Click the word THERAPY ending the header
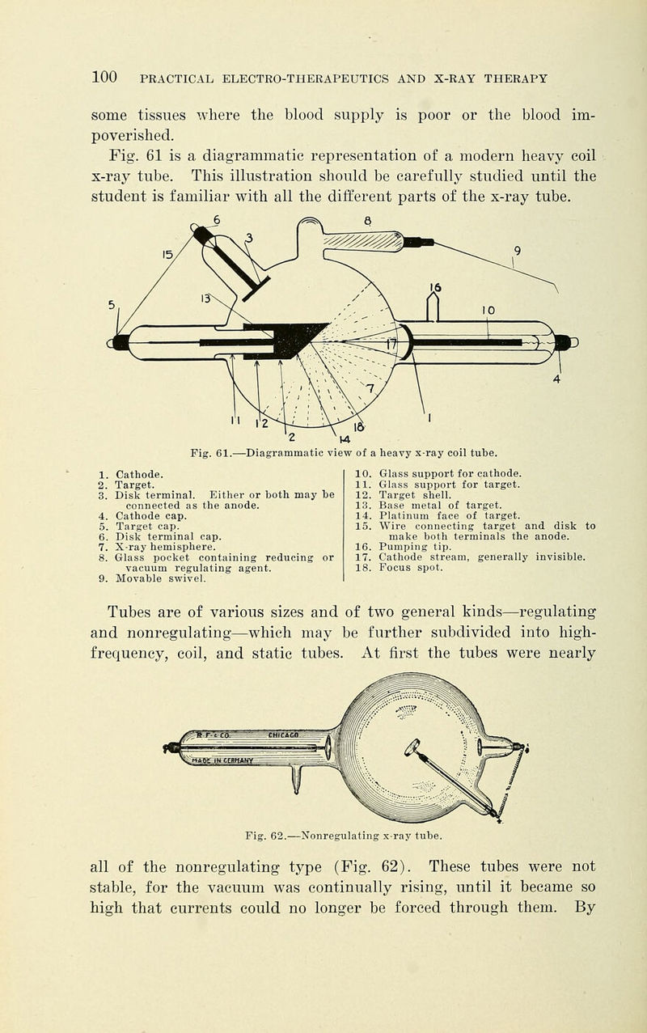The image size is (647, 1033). (x=518, y=78)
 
